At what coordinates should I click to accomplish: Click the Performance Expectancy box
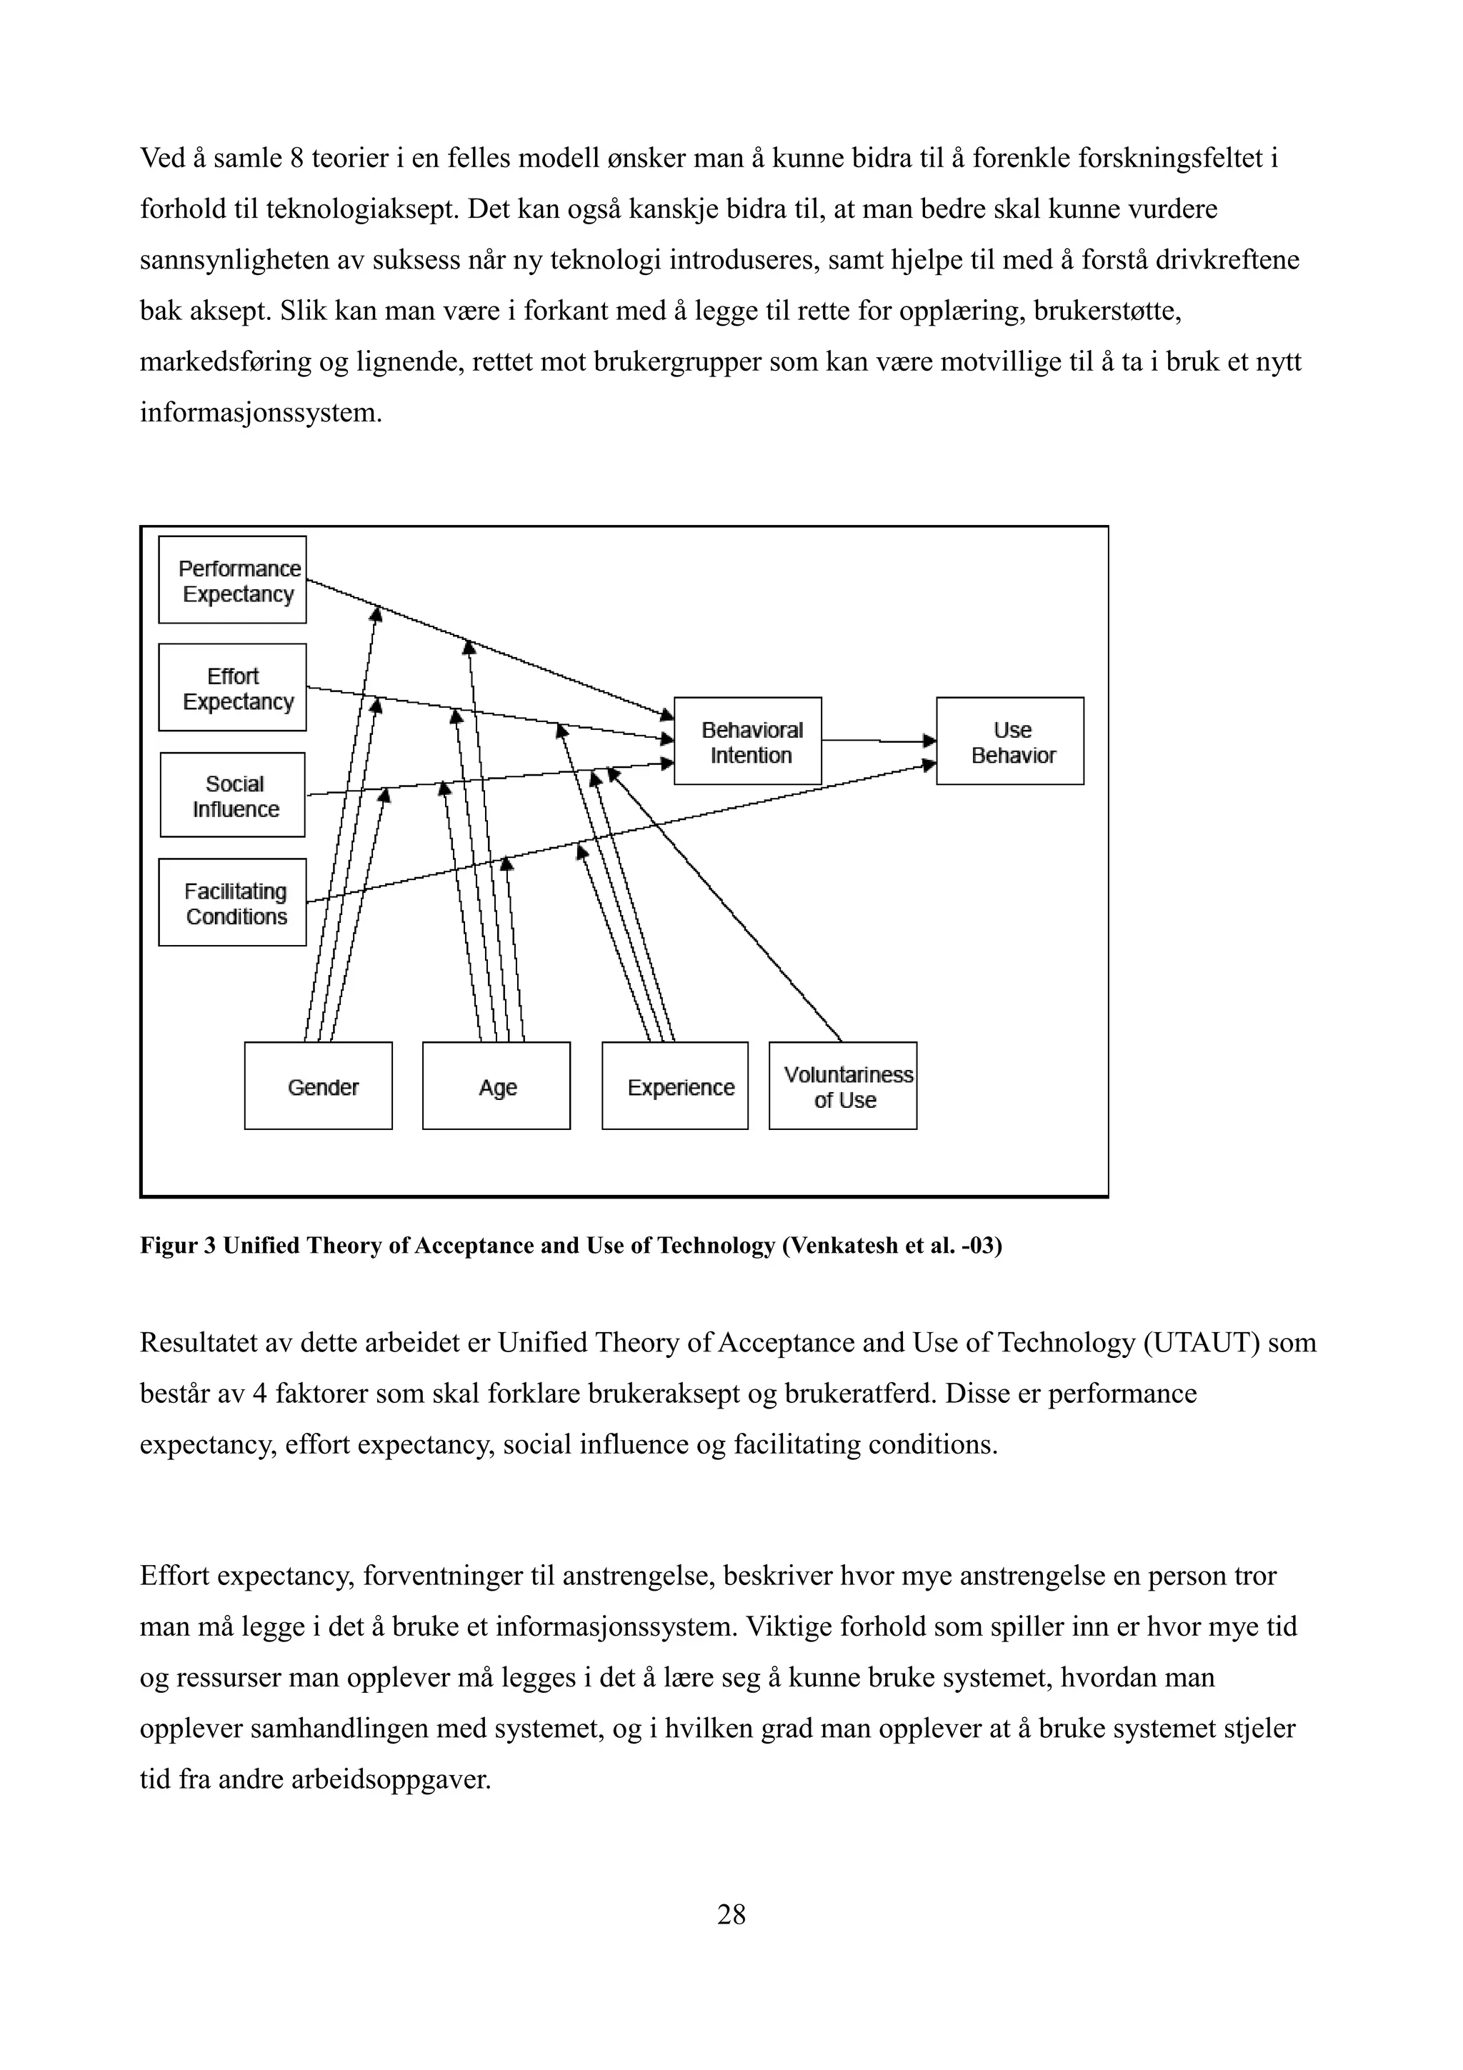(233, 580)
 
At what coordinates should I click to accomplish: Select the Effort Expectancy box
(233, 687)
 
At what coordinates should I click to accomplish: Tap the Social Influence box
(233, 795)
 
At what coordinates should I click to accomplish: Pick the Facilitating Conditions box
(233, 902)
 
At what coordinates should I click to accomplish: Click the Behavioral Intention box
(747, 741)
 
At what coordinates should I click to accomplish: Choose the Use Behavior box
(1009, 741)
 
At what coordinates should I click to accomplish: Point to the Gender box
(318, 1086)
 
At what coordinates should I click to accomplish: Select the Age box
(496, 1086)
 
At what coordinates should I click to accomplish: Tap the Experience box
(675, 1086)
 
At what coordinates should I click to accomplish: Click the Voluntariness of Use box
(843, 1086)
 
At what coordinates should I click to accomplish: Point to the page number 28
(731, 1914)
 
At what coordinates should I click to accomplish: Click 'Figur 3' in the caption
(178, 1246)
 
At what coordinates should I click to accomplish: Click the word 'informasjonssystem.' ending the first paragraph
(261, 414)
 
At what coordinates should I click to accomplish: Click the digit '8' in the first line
(296, 159)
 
